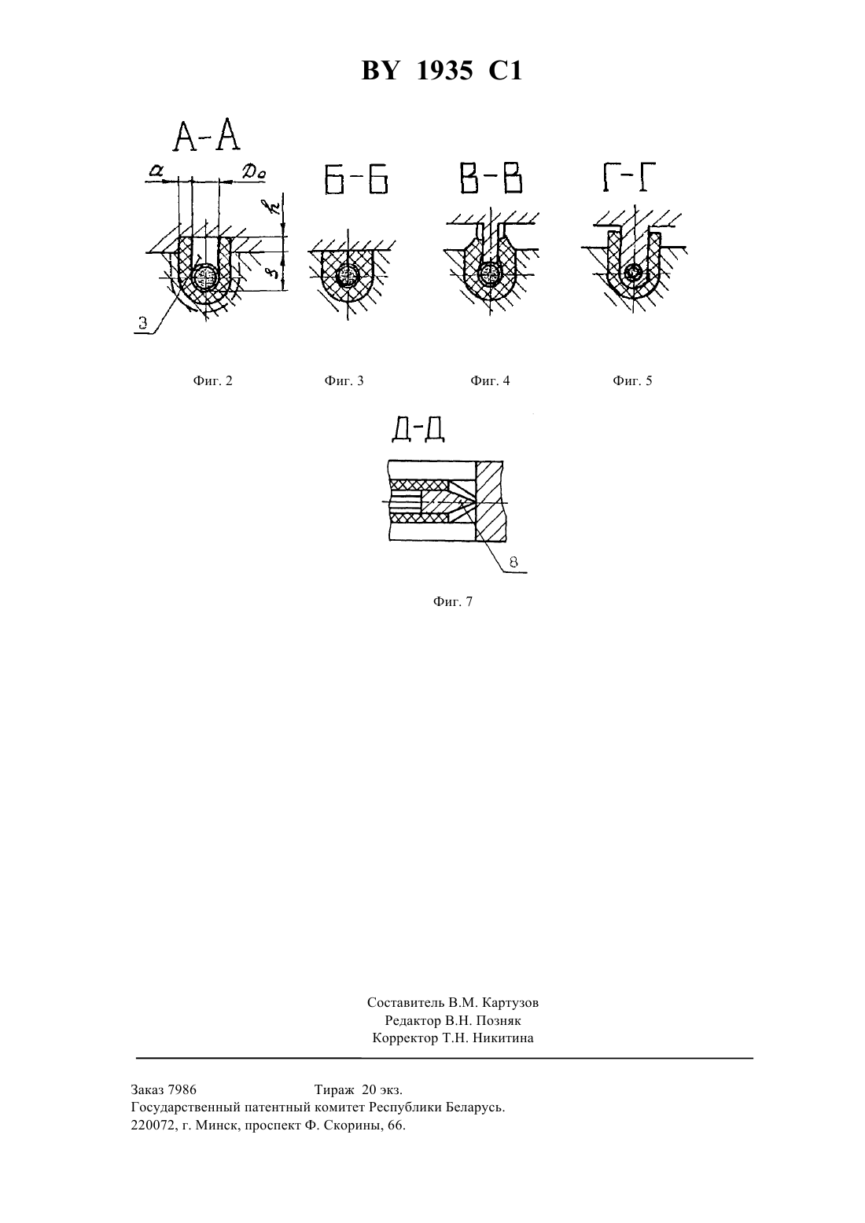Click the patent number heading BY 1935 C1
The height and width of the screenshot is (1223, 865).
pos(441,71)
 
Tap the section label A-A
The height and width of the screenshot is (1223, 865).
pos(207,137)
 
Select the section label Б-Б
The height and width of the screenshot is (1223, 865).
pos(356,179)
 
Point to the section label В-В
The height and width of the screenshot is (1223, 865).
pos(491,178)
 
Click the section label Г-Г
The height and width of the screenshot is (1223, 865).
pos(628,178)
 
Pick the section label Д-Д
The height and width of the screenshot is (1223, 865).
pos(418,430)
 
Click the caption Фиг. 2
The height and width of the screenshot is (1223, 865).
pos(212,380)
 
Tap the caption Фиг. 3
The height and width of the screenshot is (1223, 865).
pos(344,380)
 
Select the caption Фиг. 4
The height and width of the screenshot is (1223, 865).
pos(490,380)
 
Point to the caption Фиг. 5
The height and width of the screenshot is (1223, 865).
pos(632,380)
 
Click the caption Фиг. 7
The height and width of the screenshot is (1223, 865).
pos(453,601)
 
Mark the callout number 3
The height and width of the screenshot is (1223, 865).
pos(143,323)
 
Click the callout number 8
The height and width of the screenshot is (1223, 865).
pos(513,562)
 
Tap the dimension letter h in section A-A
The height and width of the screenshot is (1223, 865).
pos(268,208)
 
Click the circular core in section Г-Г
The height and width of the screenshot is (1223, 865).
pos(634,271)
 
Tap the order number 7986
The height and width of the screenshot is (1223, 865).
pos(182,1090)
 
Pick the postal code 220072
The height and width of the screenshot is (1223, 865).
pos(151,1126)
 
